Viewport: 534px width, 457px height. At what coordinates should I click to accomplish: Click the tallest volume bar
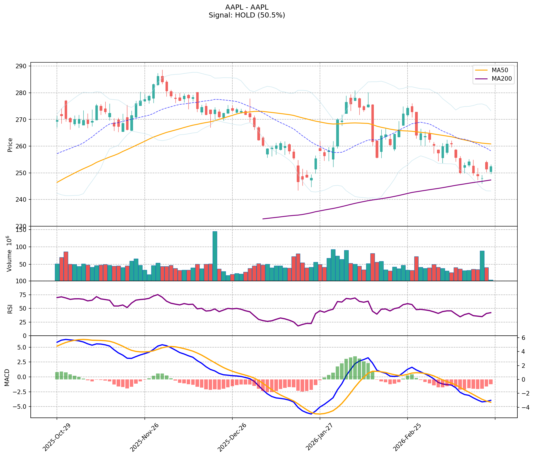click(x=215, y=256)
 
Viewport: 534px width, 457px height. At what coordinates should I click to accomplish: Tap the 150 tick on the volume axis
click(x=23, y=230)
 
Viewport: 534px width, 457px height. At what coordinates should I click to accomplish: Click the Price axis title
click(x=10, y=145)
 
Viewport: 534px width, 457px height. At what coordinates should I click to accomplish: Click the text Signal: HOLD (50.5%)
click(x=247, y=15)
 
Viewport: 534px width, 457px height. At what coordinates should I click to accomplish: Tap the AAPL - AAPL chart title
click(x=247, y=7)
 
